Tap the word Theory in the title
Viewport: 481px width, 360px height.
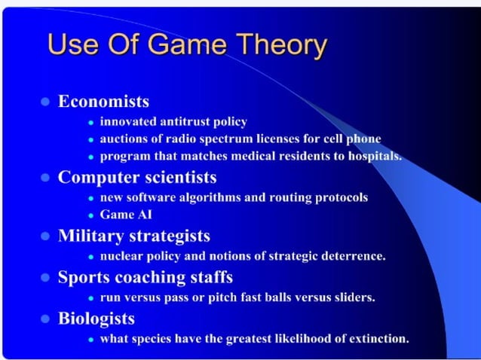tap(280, 44)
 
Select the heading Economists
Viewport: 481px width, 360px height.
tap(103, 101)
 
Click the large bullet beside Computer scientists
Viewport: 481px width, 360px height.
tap(44, 178)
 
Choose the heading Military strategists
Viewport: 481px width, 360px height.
tap(134, 236)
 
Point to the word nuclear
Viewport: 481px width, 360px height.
tap(122, 255)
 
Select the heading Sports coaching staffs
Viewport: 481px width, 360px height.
tap(146, 276)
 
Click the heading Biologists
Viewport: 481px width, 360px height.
tap(97, 317)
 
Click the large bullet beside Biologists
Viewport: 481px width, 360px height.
tap(44, 318)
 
